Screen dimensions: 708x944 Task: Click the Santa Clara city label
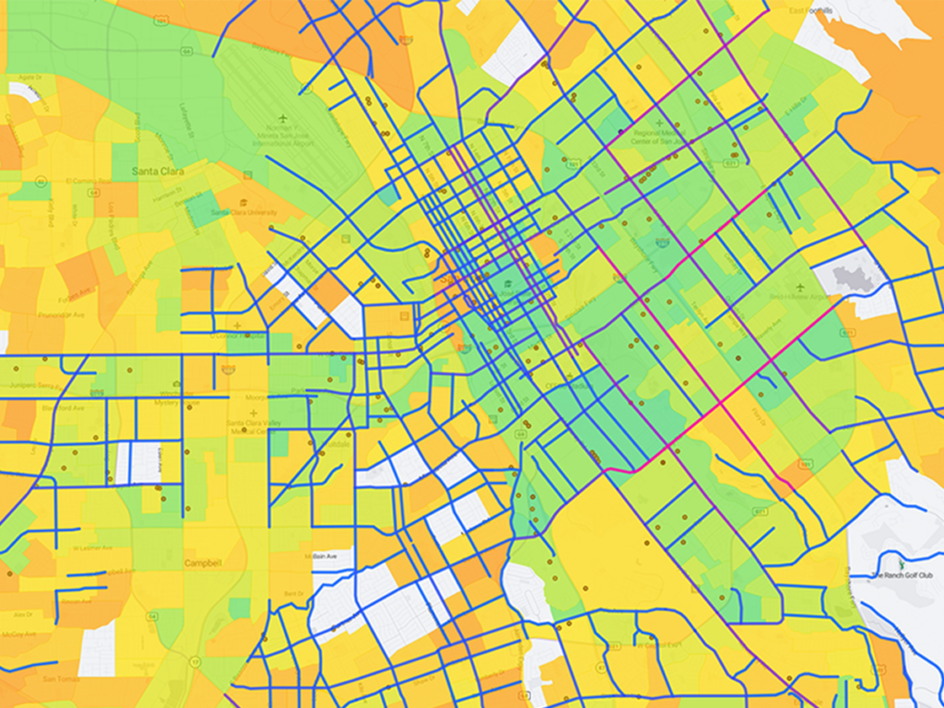point(158,171)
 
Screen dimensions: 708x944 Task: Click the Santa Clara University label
point(243,212)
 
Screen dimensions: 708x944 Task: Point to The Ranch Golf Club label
point(903,575)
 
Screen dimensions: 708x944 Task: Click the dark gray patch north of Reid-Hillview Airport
point(853,275)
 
